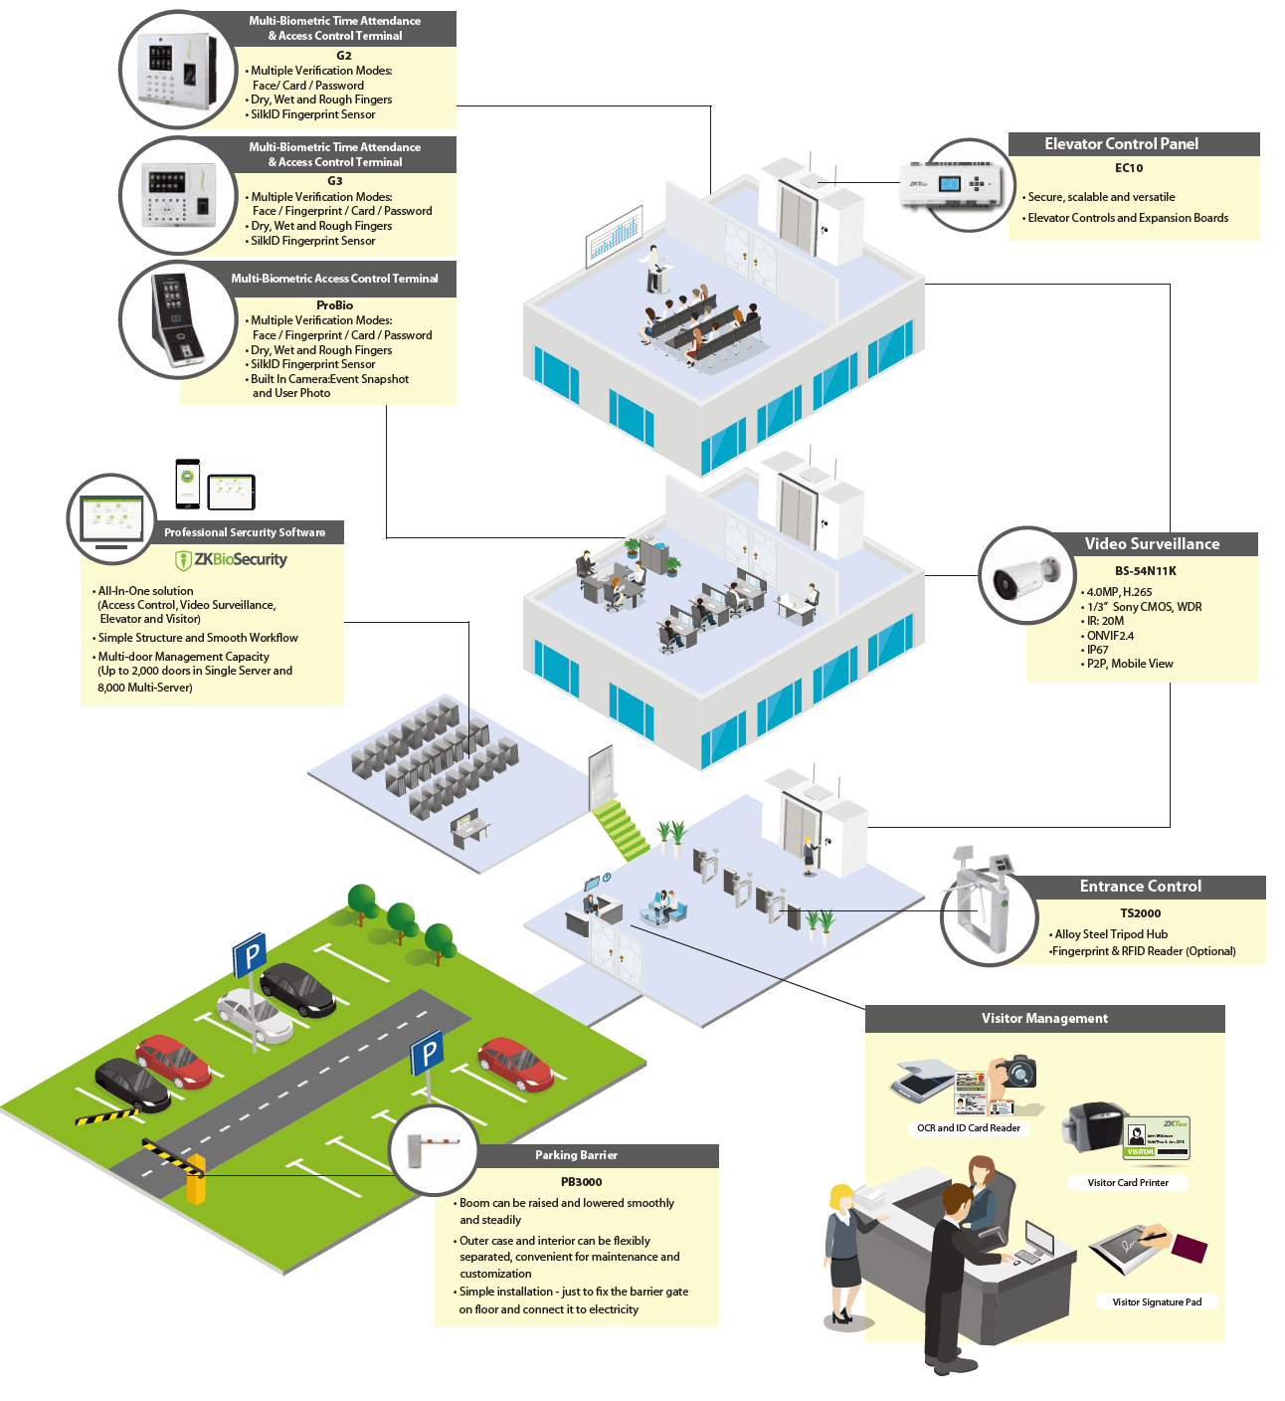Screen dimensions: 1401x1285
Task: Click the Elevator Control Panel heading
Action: (1121, 144)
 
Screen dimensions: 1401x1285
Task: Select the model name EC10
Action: (1129, 168)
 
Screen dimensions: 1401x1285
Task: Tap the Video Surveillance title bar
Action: (1152, 544)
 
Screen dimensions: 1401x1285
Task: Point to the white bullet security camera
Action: (1025, 577)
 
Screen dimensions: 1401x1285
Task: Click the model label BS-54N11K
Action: (1145, 571)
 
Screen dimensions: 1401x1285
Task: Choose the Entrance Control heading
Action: (1140, 887)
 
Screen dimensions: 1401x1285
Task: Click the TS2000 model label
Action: (1140, 913)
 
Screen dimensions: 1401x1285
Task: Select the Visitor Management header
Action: (1044, 1019)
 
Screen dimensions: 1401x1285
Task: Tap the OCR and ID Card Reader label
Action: (968, 1128)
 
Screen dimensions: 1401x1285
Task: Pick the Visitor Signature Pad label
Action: (1156, 1301)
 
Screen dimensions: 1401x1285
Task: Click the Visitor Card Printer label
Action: (1127, 1183)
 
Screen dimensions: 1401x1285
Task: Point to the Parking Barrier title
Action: (576, 1155)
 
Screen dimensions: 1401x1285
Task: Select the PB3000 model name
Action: (581, 1182)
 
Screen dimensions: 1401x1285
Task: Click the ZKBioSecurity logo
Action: (231, 560)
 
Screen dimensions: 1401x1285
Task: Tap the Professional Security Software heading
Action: (245, 532)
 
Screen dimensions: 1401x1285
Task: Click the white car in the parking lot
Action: (254, 1015)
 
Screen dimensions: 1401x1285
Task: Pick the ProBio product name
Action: (334, 305)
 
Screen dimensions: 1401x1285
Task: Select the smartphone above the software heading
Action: (188, 484)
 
